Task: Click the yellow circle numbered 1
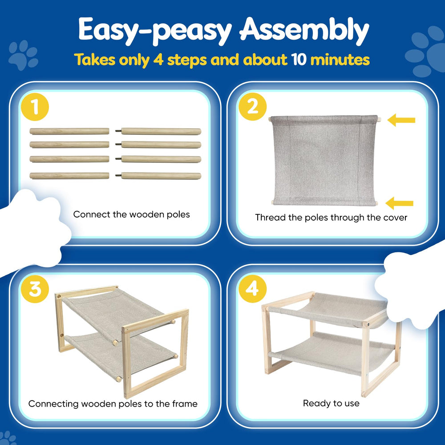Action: (35, 107)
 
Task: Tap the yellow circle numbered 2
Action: (252, 107)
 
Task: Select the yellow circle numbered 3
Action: (35, 289)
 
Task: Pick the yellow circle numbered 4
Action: (252, 289)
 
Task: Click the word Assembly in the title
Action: (304, 30)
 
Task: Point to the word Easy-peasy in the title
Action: (155, 30)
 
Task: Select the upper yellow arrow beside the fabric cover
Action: (401, 120)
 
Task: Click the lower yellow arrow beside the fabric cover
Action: (399, 203)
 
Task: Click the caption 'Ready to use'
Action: (331, 403)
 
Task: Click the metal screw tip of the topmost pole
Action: (118, 131)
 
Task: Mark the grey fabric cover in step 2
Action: (324, 160)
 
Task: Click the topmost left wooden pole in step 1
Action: (69, 131)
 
